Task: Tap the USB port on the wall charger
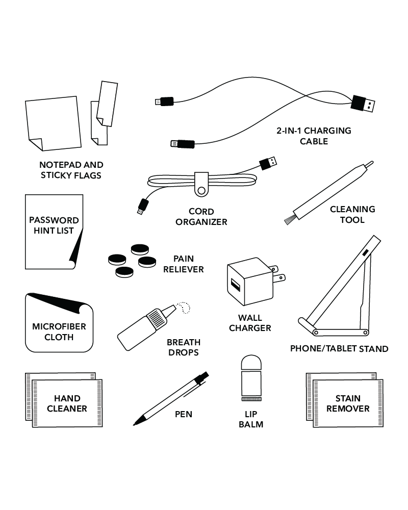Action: (235, 283)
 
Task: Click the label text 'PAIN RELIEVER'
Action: (184, 264)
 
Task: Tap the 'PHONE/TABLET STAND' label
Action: (339, 349)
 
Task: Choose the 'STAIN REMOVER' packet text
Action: (348, 403)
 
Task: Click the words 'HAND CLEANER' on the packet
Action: (67, 403)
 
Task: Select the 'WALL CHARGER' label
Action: (250, 323)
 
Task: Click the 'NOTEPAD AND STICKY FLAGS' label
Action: (71, 170)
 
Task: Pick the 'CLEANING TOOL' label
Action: (352, 214)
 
